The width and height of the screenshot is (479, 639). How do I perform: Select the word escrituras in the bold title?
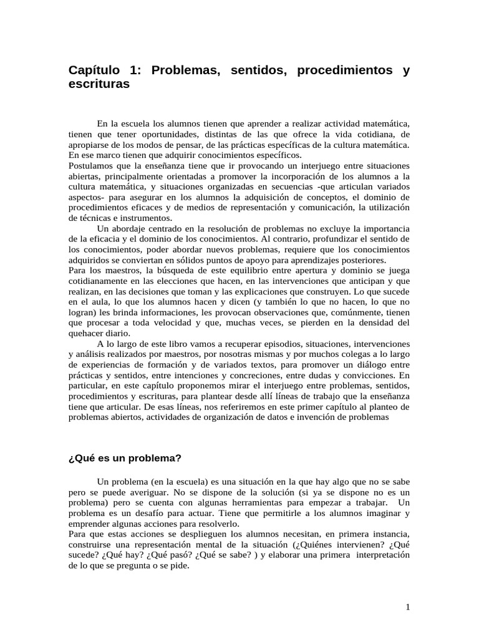99,84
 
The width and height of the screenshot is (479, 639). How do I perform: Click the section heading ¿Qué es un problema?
124,458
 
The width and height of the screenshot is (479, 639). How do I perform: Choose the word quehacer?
87,334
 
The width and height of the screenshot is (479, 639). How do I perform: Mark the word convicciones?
367,376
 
